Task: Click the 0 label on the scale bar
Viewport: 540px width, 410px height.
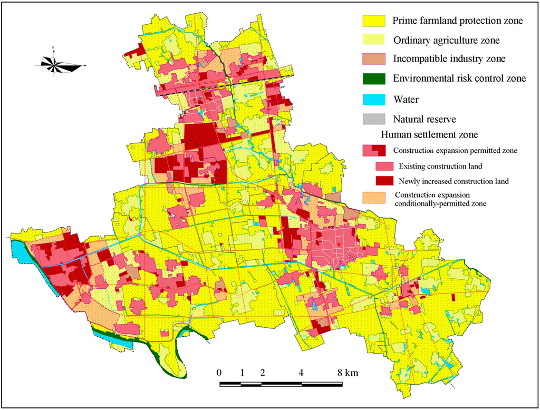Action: (219, 373)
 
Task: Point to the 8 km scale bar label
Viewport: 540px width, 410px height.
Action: (348, 373)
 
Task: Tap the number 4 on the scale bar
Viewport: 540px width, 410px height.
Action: (301, 373)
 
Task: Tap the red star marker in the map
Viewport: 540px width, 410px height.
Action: (338, 245)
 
